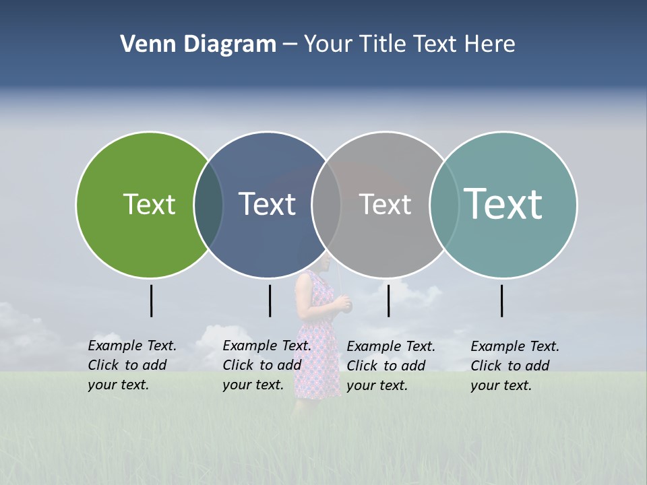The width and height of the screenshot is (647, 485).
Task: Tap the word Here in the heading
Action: tap(490, 44)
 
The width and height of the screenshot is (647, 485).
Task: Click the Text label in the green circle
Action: tap(149, 204)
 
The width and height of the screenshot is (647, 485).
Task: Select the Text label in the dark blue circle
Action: tap(268, 204)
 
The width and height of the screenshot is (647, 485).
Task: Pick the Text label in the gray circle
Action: tap(385, 204)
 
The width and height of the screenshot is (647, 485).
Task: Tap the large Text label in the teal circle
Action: tap(503, 203)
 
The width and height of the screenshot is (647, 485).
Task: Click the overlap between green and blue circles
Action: tap(208, 205)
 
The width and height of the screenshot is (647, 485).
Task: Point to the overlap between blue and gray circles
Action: tap(326, 205)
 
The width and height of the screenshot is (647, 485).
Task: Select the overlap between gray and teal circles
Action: tap(444, 205)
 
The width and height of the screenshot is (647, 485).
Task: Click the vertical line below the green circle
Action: tap(152, 300)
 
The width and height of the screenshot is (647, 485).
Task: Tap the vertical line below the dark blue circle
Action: tap(270, 300)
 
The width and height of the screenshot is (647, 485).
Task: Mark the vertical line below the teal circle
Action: tap(502, 300)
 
